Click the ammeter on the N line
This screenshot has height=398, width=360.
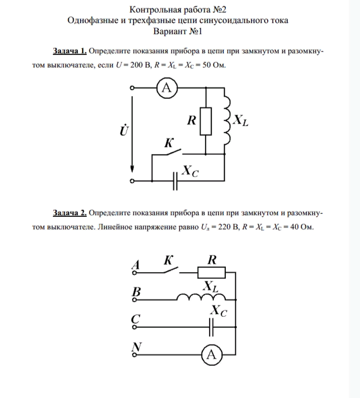[211, 354]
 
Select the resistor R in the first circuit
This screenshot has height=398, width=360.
[206, 121]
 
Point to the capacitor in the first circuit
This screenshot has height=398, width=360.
[174, 181]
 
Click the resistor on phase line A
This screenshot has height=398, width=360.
[211, 273]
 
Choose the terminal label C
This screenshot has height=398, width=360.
[135, 319]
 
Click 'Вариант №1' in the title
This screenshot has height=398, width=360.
[180, 31]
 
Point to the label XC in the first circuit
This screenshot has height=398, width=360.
[190, 172]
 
